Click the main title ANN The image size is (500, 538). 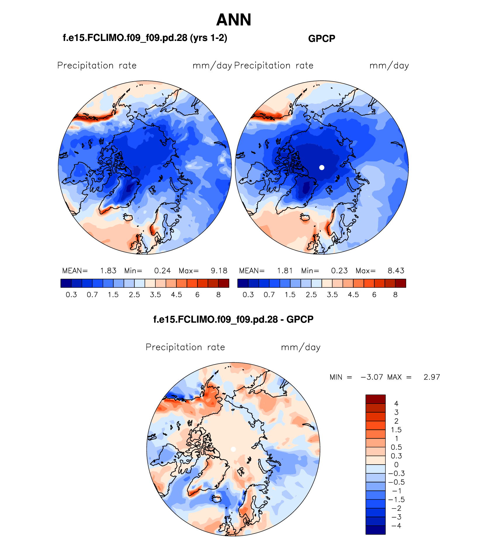234,20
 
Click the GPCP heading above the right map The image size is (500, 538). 322,39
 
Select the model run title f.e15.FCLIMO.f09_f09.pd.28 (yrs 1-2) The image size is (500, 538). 145,38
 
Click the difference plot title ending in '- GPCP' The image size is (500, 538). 233,319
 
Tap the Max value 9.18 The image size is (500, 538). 219,271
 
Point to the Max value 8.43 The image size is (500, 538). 396,271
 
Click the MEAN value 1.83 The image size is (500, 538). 108,271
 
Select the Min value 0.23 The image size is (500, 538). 339,271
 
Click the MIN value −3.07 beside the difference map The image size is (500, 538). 372,377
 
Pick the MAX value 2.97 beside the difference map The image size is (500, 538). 432,377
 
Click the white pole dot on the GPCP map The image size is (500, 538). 322,168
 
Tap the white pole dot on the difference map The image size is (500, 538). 233,449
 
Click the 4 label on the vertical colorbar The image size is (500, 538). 396,404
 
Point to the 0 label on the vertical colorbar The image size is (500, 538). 396,465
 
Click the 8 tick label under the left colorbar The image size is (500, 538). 218,295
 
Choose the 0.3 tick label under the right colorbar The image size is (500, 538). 248,295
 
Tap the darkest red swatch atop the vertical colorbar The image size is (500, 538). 375,399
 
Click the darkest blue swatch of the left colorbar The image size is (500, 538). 66,283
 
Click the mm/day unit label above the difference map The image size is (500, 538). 301,347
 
